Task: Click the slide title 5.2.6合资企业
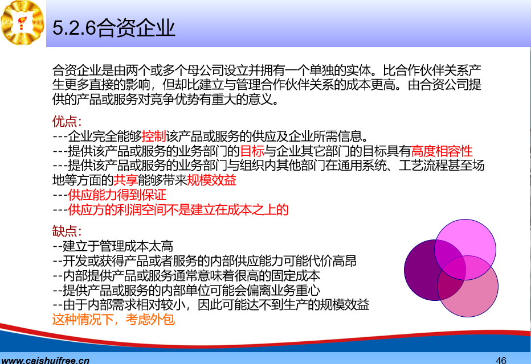tap(114, 28)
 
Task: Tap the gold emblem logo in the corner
tap(22, 23)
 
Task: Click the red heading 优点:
tap(67, 121)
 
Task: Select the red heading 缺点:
tap(67, 231)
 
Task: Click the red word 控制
tap(154, 136)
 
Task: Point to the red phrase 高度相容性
tap(442, 151)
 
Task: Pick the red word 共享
tap(126, 180)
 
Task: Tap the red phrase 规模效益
tap(211, 180)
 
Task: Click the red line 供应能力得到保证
tap(117, 195)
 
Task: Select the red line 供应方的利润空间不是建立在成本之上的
tap(178, 209)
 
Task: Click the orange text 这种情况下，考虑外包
tap(113, 320)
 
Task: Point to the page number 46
tap(501, 360)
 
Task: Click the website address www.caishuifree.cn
tap(45, 360)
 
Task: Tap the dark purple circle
tap(420, 270)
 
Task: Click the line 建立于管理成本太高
tap(113, 246)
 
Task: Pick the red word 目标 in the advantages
tap(252, 151)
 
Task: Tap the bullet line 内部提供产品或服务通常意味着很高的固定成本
tap(186, 275)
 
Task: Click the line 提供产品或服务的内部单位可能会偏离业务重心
tap(186, 290)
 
